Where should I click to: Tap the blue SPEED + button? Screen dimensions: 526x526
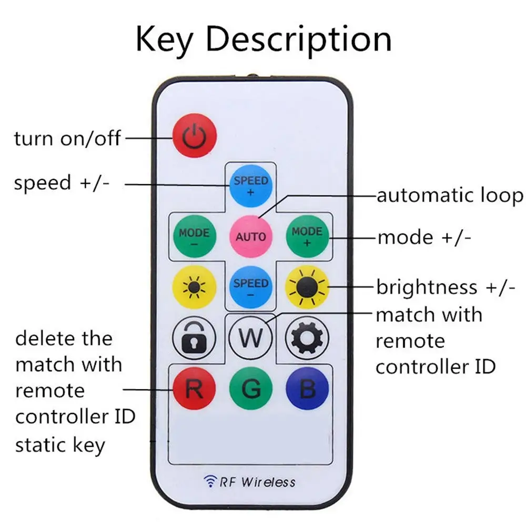click(251, 186)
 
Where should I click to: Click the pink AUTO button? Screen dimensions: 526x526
click(251, 236)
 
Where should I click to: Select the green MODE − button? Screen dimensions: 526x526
click(194, 236)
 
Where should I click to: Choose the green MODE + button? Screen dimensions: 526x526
click(307, 236)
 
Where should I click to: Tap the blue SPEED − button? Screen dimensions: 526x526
click(251, 288)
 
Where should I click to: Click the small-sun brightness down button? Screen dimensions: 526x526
click(194, 288)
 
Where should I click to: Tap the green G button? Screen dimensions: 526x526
click(251, 390)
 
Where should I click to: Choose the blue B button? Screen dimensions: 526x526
click(307, 390)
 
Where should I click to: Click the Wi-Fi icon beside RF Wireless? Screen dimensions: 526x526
click(209, 481)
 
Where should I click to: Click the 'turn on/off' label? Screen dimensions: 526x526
click(67, 139)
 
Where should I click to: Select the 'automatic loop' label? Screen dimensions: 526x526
click(450, 196)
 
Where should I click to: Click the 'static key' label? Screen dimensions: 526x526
click(60, 445)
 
